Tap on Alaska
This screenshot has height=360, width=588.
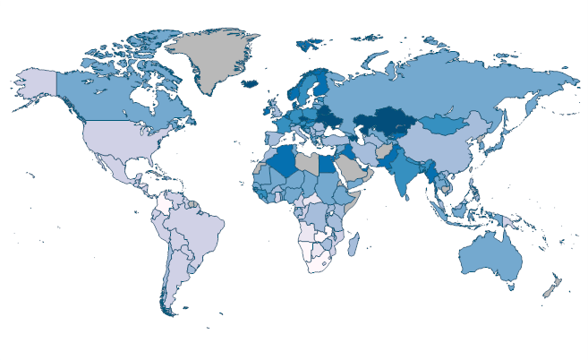click(37, 86)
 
